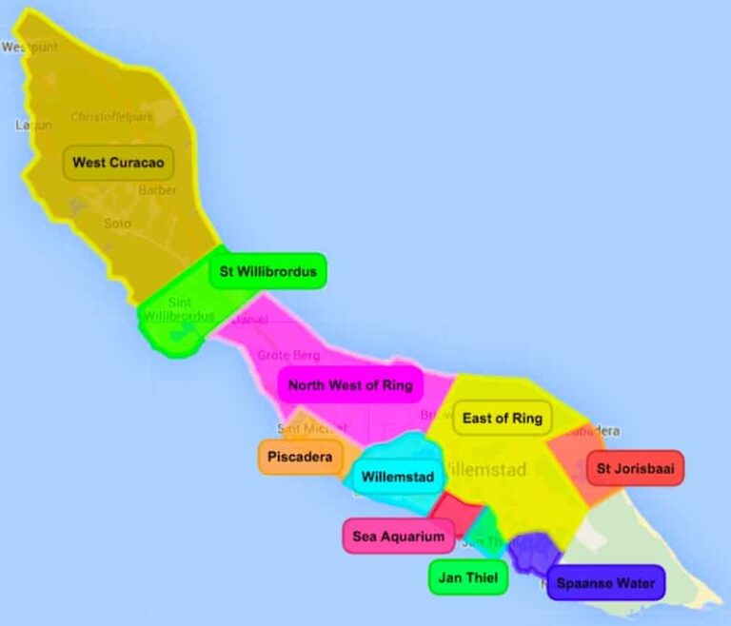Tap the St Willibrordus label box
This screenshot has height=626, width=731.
(x=267, y=271)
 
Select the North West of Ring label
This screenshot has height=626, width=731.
(x=350, y=385)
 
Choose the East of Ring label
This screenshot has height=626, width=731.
(x=502, y=418)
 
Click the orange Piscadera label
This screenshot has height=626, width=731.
(x=300, y=458)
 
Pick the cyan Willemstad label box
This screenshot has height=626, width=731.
(x=398, y=477)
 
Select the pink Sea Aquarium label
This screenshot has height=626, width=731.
(x=398, y=537)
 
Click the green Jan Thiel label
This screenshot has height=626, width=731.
(x=468, y=577)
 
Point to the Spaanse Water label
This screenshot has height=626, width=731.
(x=605, y=583)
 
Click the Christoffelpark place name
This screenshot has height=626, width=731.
(x=111, y=117)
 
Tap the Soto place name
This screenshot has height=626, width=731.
(x=118, y=223)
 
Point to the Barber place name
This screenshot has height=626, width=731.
(x=158, y=190)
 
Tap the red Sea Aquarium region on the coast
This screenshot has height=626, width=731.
(x=453, y=514)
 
